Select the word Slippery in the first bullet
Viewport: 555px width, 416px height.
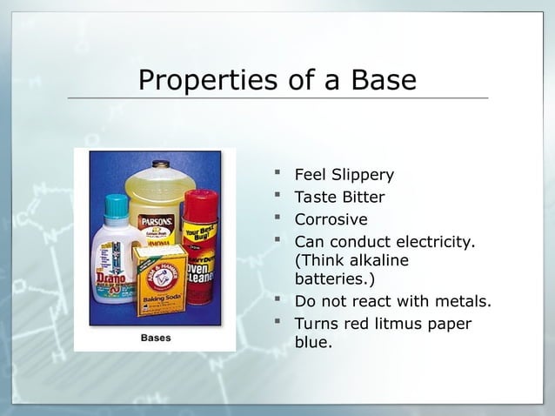[360, 175]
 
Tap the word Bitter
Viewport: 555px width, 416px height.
[359, 198]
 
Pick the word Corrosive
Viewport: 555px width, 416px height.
[331, 219]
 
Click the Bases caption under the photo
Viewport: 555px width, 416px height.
[156, 338]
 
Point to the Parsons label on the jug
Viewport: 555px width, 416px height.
[157, 224]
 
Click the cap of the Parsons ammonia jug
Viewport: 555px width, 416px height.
[158, 164]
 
